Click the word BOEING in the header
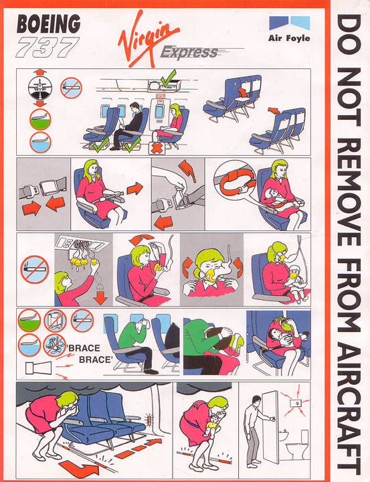(x=49, y=24)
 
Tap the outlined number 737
(x=47, y=47)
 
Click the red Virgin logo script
(x=147, y=39)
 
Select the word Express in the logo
(x=189, y=52)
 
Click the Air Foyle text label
(x=289, y=38)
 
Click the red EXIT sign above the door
(x=161, y=96)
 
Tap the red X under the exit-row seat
(x=157, y=149)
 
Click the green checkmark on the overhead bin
(x=168, y=78)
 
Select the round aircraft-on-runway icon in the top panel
(x=40, y=88)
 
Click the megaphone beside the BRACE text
(x=38, y=368)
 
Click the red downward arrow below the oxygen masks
(x=100, y=297)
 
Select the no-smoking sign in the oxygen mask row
(x=35, y=270)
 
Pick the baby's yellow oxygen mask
(x=294, y=276)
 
